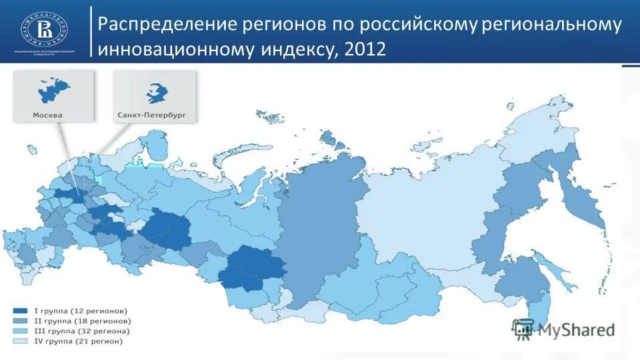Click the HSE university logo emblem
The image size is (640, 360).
pos(46,30)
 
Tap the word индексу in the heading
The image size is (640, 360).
pos(297,50)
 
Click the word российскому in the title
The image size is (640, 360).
pos(418,25)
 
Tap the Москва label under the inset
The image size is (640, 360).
pos(47,115)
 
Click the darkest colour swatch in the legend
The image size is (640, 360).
pos(19,311)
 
